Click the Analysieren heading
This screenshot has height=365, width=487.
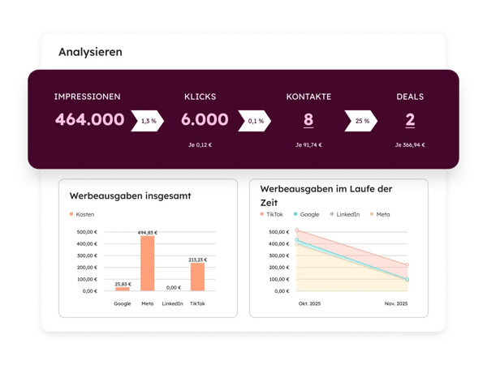(90, 52)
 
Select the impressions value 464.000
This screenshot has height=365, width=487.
(89, 120)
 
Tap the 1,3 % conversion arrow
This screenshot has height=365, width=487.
(149, 121)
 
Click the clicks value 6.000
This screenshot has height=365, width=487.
(205, 120)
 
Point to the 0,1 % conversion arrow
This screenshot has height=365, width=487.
(256, 121)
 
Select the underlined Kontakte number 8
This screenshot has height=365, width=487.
(308, 120)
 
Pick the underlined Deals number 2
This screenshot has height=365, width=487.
(410, 120)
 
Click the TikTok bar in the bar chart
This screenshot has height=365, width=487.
(197, 276)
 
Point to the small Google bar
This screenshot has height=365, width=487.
(123, 288)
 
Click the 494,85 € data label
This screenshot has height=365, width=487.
(148, 232)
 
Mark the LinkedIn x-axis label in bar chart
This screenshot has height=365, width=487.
(172, 303)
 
